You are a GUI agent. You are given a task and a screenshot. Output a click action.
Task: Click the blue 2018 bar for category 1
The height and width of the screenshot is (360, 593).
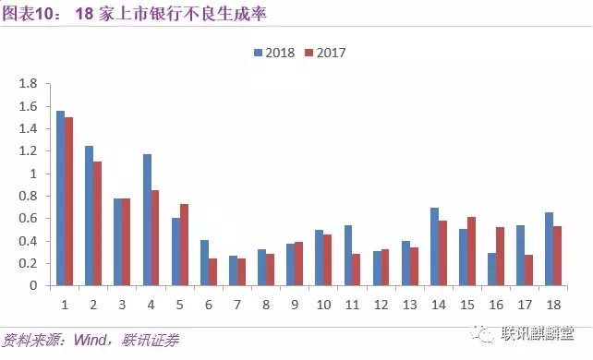[x=60, y=198]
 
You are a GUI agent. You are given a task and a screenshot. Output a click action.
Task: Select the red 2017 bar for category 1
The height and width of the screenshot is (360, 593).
[x=69, y=201]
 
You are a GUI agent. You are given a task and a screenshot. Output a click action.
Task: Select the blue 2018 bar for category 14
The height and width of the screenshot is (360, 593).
[x=434, y=246]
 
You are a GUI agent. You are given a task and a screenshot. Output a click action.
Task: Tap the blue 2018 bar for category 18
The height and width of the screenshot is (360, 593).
[x=550, y=249]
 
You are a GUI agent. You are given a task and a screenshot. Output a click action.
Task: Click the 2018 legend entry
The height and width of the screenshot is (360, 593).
[x=273, y=53]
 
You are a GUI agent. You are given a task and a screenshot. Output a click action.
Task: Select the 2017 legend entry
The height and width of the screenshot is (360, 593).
[x=324, y=53]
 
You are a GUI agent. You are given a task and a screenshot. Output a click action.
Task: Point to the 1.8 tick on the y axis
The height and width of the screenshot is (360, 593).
[x=28, y=84]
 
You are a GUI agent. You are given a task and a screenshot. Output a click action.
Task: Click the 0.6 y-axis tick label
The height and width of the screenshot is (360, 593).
[x=28, y=219]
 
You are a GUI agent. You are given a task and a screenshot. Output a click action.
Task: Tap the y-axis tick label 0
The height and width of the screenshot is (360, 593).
[x=32, y=286]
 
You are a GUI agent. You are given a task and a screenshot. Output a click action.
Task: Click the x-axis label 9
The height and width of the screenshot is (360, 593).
[x=296, y=302]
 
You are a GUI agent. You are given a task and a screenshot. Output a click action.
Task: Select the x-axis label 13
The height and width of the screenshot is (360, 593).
[x=410, y=302]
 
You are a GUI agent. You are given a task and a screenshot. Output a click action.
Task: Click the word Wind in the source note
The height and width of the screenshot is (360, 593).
[x=84, y=341]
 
